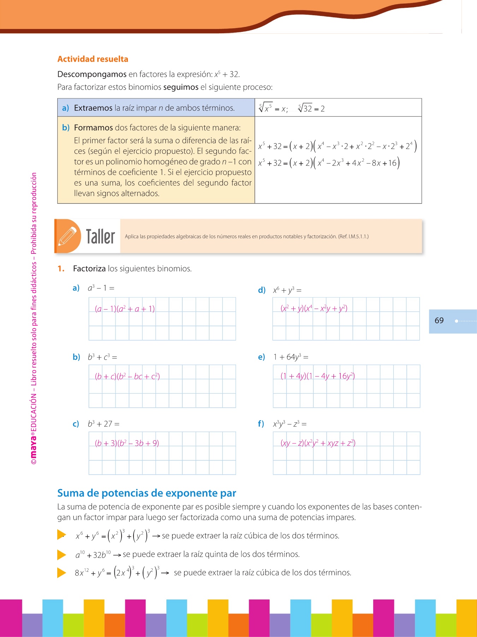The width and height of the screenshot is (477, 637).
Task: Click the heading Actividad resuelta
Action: pyautogui.click(x=93, y=59)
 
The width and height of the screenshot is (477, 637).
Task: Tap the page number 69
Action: pyautogui.click(x=439, y=321)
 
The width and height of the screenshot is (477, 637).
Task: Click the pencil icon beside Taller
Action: pyautogui.click(x=67, y=236)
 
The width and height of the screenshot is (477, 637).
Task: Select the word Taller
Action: pyautogui.click(x=100, y=236)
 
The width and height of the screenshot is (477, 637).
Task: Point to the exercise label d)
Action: pyautogui.click(x=261, y=291)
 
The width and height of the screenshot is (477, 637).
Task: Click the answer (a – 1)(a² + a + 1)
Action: pyautogui.click(x=125, y=309)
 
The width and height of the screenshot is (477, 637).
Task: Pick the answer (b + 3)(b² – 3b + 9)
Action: pyautogui.click(x=127, y=443)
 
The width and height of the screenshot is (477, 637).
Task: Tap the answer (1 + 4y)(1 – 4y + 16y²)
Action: pyautogui.click(x=318, y=376)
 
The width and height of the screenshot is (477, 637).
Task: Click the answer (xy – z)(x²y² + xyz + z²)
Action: pyautogui.click(x=318, y=443)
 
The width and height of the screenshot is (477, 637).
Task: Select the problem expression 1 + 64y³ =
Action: pyautogui.click(x=291, y=357)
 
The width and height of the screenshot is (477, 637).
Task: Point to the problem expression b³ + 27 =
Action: pyautogui.click(x=104, y=424)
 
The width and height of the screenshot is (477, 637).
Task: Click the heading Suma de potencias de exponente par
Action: pyautogui.click(x=147, y=493)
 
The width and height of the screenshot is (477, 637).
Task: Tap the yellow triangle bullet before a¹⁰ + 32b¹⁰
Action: pyautogui.click(x=61, y=555)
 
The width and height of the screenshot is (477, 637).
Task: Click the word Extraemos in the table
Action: pyautogui.click(x=93, y=108)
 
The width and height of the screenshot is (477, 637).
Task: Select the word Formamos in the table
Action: pyautogui.click(x=93, y=128)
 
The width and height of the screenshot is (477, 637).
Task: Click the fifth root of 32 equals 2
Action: pyautogui.click(x=311, y=108)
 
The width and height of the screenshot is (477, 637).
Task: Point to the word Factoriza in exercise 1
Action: pyautogui.click(x=89, y=269)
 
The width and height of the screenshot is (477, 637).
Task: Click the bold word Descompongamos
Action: pyautogui.click(x=92, y=74)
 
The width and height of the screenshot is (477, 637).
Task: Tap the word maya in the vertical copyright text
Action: pyautogui.click(x=34, y=446)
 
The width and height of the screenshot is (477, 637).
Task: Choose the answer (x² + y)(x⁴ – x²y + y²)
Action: pyautogui.click(x=314, y=309)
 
